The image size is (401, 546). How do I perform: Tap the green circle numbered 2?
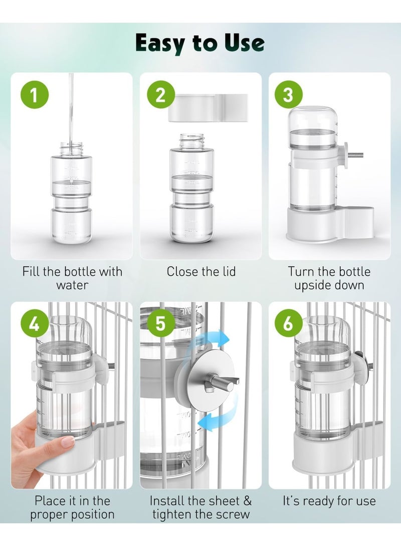tap(160, 95)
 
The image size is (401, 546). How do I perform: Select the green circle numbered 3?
tap(288, 95)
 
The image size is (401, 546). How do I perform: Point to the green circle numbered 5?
tap(160, 324)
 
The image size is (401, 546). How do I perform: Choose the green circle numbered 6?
tap(288, 324)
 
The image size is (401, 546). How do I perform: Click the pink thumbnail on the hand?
tap(67, 441)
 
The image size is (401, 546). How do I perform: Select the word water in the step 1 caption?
tap(72, 285)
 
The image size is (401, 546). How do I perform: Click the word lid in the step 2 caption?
tap(226, 272)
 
